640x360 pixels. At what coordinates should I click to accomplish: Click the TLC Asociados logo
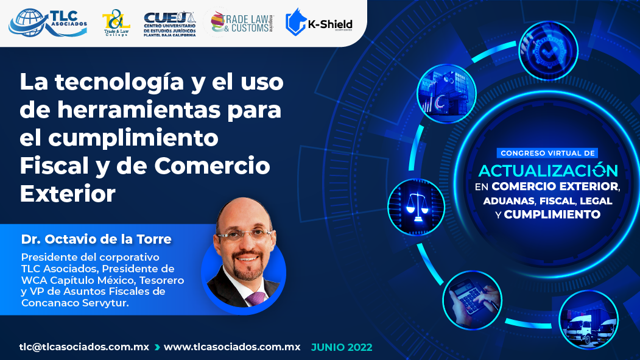(x=47, y=23)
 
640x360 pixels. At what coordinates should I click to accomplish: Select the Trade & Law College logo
(x=116, y=23)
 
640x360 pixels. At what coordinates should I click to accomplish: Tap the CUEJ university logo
(x=170, y=24)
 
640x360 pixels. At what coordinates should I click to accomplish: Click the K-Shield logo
(x=319, y=23)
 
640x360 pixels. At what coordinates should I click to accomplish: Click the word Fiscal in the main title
(x=54, y=166)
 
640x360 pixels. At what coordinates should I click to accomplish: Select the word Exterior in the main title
(x=68, y=194)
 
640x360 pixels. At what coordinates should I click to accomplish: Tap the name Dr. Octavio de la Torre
(x=96, y=239)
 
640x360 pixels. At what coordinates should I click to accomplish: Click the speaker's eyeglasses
(x=245, y=235)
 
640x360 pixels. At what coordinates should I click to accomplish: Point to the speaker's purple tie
(x=256, y=298)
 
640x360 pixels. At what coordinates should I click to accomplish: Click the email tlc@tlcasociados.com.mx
(x=84, y=347)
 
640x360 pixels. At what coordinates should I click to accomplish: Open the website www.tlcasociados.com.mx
(x=232, y=347)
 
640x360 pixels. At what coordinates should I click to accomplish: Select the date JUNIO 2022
(x=342, y=347)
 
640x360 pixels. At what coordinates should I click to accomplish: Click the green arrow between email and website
(x=156, y=347)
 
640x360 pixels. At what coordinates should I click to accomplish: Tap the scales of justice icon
(x=417, y=207)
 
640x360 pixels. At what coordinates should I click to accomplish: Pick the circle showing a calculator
(x=473, y=300)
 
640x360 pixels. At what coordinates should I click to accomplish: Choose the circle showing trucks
(x=588, y=320)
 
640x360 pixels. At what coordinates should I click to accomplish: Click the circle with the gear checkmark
(x=548, y=51)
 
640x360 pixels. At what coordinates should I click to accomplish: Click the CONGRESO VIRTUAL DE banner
(x=547, y=153)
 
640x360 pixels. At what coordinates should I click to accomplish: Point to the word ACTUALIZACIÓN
(x=548, y=170)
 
